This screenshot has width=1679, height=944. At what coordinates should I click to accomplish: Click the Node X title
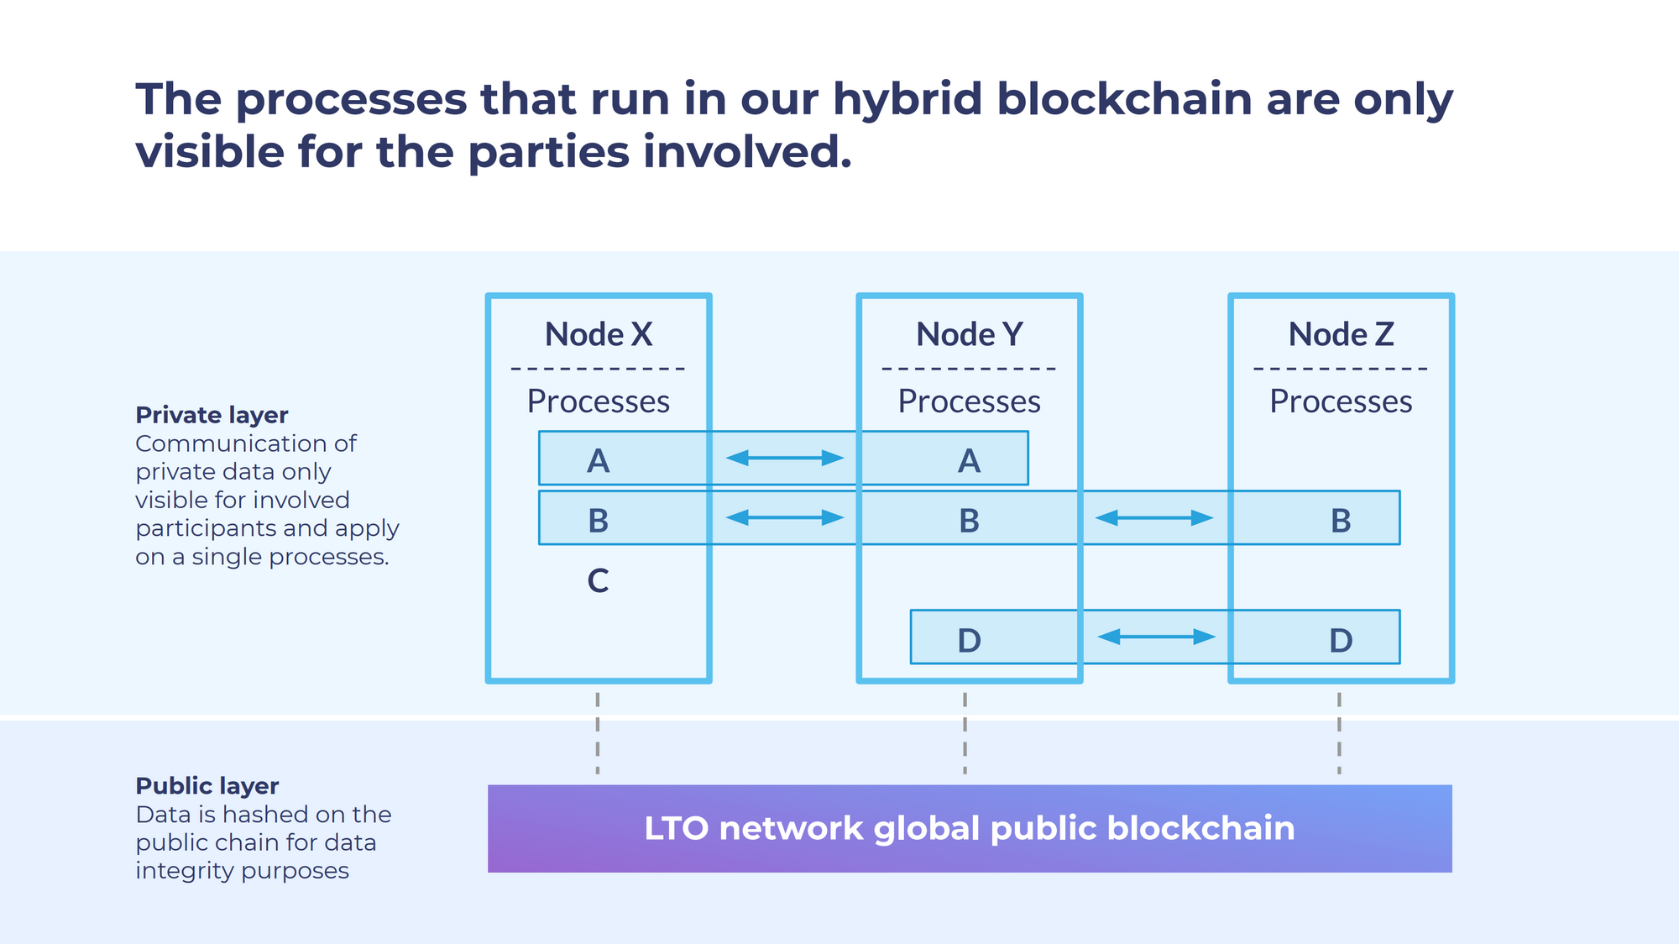(599, 334)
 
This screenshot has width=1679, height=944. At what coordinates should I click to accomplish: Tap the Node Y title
(970, 334)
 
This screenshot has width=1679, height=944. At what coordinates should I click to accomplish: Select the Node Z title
(1342, 334)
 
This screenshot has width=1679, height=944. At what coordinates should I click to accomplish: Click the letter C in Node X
(598, 580)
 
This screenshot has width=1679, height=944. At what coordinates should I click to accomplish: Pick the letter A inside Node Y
(969, 461)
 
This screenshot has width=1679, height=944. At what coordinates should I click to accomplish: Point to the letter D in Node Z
(1341, 641)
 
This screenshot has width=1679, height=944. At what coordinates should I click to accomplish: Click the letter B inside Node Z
(1341, 521)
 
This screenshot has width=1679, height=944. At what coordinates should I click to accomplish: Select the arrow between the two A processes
(784, 458)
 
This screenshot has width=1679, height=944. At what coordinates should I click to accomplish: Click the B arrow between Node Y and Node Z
(1154, 518)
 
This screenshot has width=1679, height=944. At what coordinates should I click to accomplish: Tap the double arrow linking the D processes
(1156, 637)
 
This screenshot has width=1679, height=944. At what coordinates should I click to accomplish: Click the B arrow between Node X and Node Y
(784, 517)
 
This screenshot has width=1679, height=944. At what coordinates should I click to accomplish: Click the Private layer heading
(212, 415)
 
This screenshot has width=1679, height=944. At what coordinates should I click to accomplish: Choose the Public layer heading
(207, 786)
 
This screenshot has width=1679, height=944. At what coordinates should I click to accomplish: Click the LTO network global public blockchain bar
(970, 828)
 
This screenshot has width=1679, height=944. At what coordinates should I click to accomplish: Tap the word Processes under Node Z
(1341, 401)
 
